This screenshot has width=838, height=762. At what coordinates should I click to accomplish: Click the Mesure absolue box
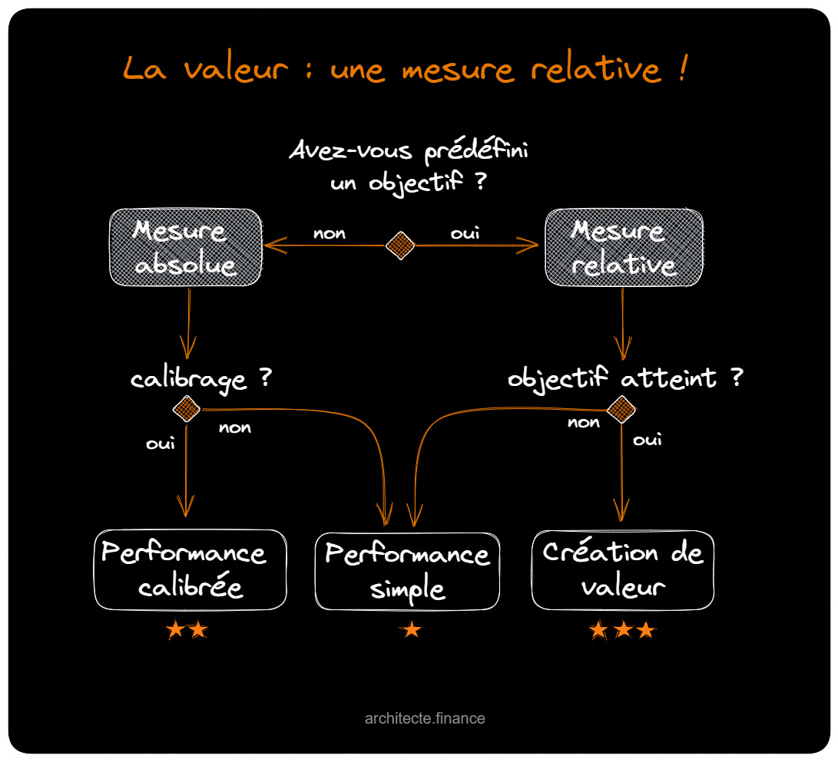(184, 247)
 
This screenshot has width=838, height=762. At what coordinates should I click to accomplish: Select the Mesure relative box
(623, 247)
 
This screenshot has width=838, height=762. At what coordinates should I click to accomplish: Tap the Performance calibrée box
(190, 569)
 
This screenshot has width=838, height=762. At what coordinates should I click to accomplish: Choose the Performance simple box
(407, 572)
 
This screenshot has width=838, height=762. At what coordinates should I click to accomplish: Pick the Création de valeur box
(622, 569)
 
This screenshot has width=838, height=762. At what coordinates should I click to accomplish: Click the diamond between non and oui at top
(400, 246)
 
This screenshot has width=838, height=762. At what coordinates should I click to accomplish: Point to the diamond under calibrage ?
(186, 409)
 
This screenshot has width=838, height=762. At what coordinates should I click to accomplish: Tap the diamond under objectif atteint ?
(621, 409)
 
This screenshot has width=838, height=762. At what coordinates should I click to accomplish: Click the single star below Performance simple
(412, 630)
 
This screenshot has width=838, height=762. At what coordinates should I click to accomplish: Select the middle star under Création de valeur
(623, 630)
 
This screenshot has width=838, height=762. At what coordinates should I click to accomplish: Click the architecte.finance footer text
(425, 719)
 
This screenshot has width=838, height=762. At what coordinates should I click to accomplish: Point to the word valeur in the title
(237, 70)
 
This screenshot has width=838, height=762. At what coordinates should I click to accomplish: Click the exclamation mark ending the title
(682, 68)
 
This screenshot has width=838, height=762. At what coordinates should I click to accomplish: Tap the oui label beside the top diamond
(465, 233)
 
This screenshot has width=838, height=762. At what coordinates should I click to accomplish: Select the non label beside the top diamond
(329, 233)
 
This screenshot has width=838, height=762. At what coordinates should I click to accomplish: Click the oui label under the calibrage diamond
(161, 444)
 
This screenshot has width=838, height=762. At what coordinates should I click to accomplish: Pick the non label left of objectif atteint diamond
(584, 422)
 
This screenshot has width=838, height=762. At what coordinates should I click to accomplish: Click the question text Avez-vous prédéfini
(409, 151)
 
